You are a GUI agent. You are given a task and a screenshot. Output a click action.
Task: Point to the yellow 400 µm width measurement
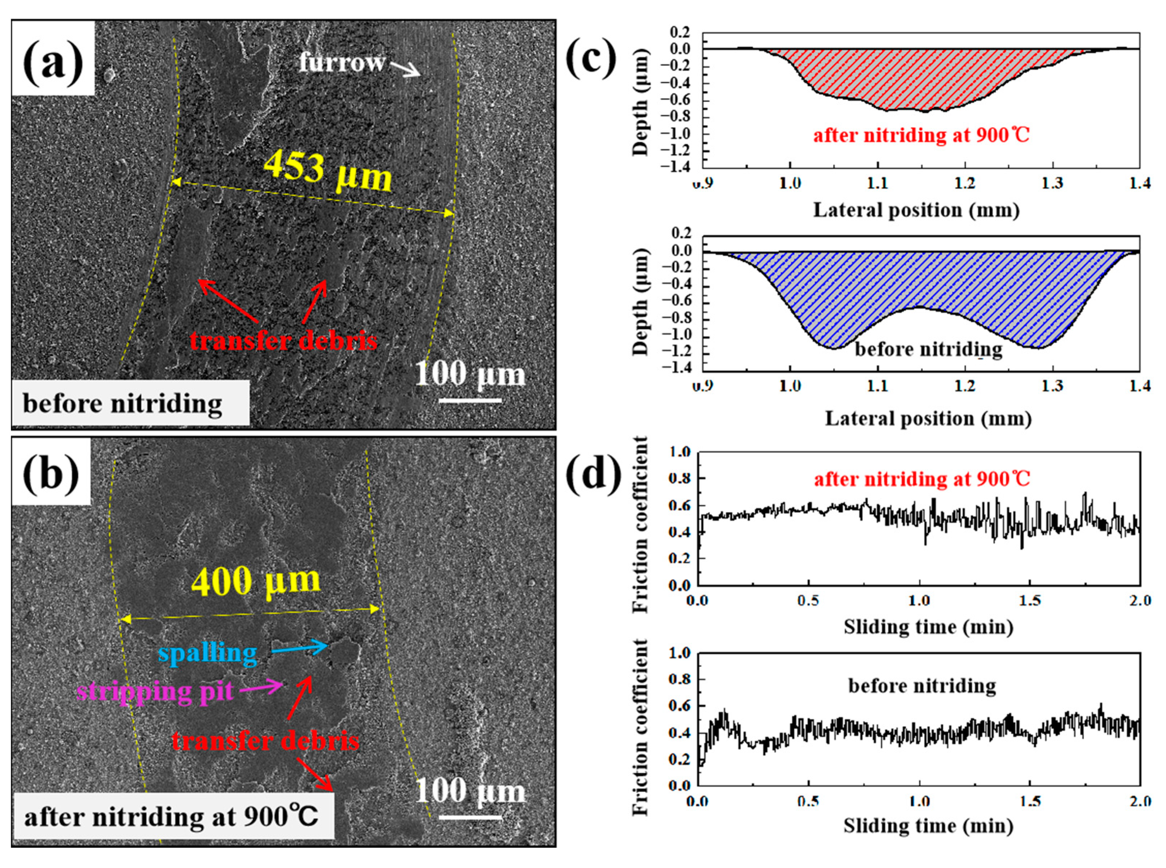point(256,582)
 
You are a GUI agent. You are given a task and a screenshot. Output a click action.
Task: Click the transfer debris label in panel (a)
point(284,341)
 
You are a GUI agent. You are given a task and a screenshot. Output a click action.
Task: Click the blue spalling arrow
point(299,648)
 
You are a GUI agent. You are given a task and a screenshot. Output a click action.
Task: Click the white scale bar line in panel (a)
point(470,400)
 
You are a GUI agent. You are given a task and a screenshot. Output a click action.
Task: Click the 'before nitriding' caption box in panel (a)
point(130,403)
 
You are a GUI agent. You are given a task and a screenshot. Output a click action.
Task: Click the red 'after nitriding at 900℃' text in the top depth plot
point(921,136)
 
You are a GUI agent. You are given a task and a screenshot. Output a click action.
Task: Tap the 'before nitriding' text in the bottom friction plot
point(922,686)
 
